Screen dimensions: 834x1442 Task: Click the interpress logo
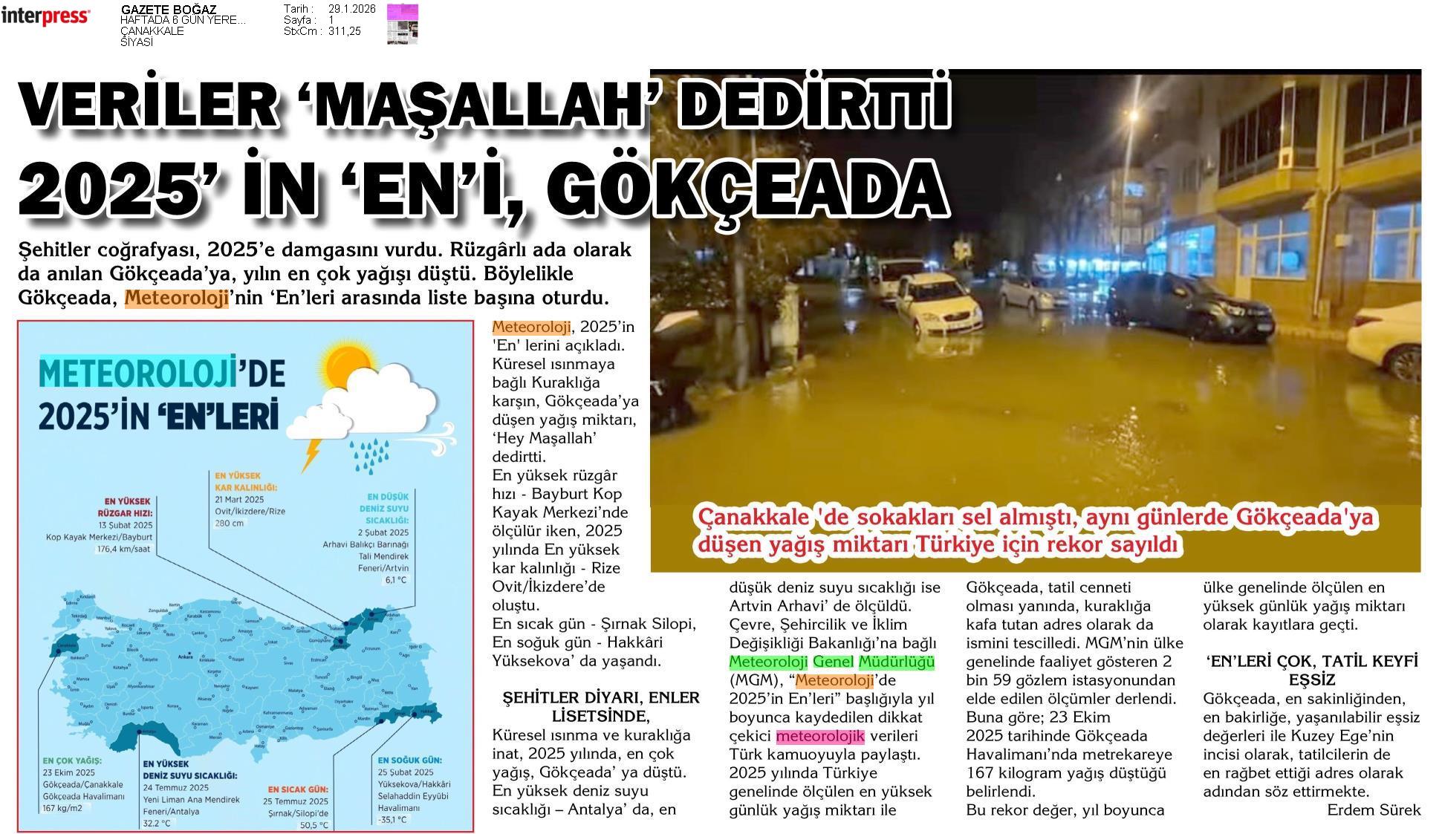click(x=45, y=17)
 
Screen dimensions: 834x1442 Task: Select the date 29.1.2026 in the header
click(x=351, y=9)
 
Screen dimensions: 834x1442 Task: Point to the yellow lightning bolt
click(x=312, y=452)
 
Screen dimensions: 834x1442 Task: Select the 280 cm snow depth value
click(x=230, y=523)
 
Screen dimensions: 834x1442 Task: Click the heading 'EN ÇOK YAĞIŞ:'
click(x=72, y=760)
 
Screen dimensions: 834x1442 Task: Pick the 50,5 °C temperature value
click(x=314, y=825)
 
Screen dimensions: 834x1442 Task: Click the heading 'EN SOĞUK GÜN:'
click(x=409, y=760)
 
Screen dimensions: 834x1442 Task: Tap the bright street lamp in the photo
click(x=1133, y=116)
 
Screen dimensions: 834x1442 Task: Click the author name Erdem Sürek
click(x=1374, y=809)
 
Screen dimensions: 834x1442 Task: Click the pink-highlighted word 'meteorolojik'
click(x=820, y=736)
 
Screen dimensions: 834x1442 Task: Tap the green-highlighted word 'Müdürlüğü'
click(x=896, y=662)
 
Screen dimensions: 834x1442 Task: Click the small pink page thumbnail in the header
click(x=402, y=23)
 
